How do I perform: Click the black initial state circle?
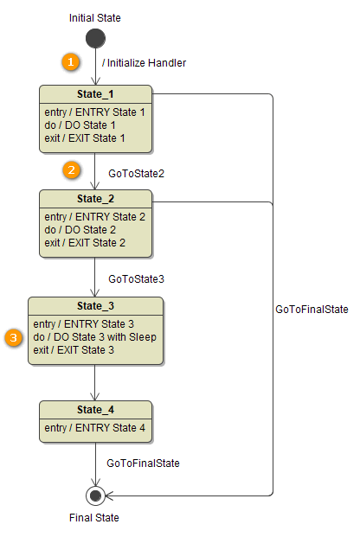pos(95,39)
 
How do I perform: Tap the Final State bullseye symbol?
pos(95,495)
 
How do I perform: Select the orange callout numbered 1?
pos(71,62)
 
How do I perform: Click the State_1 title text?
pos(95,93)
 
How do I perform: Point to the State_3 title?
pos(95,306)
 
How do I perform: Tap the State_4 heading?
pos(95,410)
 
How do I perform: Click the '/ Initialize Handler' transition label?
pos(144,62)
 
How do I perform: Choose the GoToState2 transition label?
pos(136,174)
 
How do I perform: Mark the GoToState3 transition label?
pos(136,279)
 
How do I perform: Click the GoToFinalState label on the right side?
pos(312,309)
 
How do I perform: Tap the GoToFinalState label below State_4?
pos(143,463)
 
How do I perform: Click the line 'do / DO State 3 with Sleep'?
pos(95,336)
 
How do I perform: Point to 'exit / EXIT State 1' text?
pos(85,137)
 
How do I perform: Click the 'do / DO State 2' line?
pos(80,230)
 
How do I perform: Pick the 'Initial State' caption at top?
pos(95,17)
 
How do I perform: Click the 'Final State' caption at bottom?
pos(94,518)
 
